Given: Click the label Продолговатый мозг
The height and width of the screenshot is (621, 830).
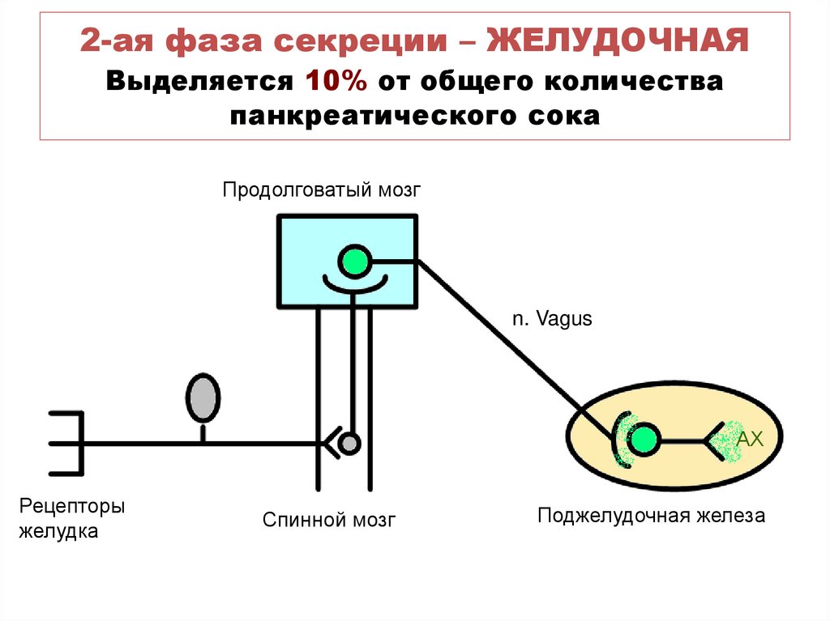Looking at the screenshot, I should (x=323, y=191).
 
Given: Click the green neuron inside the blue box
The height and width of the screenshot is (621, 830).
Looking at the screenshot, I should (x=353, y=262).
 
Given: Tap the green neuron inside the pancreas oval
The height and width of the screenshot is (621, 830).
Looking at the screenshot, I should (x=644, y=440).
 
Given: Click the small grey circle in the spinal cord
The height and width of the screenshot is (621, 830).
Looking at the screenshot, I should (x=349, y=443).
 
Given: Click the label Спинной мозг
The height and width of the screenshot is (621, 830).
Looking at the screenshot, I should (x=329, y=520).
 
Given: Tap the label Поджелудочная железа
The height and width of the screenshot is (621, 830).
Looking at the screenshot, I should (x=651, y=516).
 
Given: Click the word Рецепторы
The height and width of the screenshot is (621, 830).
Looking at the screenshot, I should (x=72, y=508).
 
